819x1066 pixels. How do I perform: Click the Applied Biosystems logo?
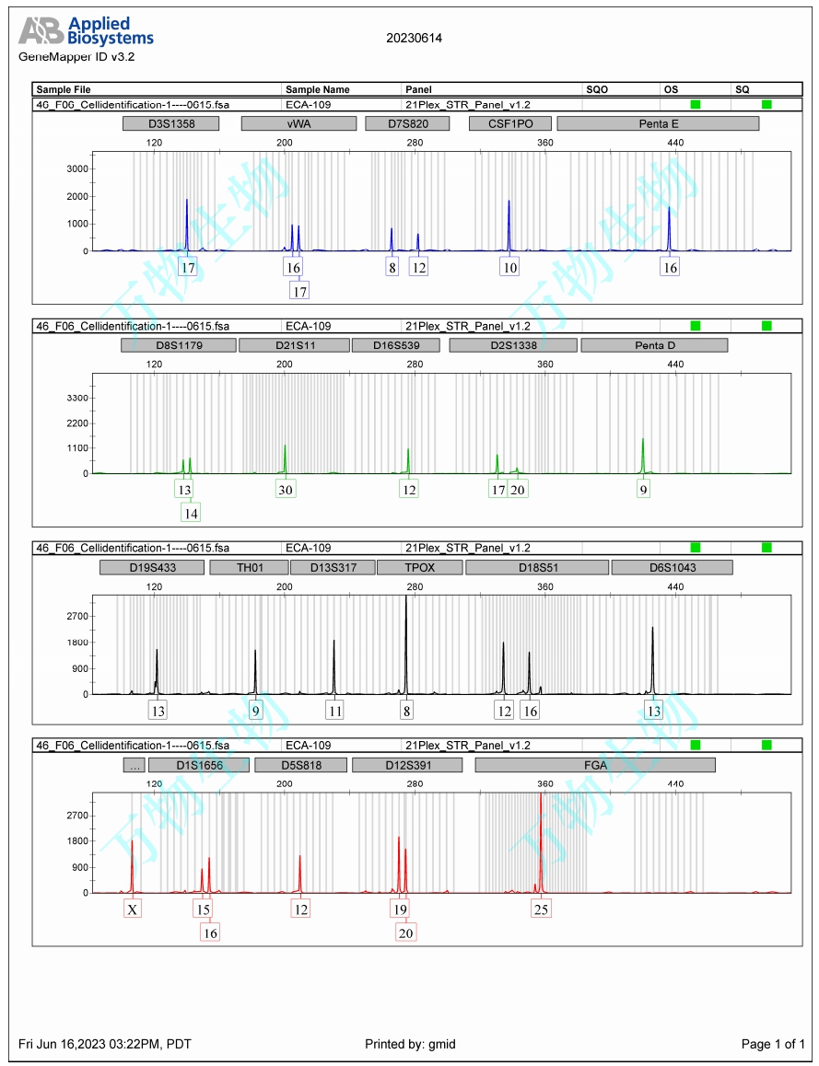(87, 31)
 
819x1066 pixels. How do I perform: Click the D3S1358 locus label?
(171, 123)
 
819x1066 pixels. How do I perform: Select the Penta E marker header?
(658, 123)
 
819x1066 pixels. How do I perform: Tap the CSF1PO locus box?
(509, 123)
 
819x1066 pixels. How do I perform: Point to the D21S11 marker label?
(294, 345)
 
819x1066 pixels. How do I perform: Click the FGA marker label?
(595, 765)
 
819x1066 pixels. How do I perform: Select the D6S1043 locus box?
(672, 567)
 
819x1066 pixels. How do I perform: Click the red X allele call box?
(134, 910)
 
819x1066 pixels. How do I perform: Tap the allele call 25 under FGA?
(541, 910)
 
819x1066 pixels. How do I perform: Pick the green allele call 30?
(286, 490)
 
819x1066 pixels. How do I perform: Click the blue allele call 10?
(509, 268)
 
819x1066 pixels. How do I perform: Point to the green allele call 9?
(643, 490)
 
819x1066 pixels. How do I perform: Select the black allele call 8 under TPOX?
(406, 711)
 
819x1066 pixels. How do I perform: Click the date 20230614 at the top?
(414, 39)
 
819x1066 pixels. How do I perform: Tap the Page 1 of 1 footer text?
(773, 1044)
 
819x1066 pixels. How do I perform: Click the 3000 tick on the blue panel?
(77, 168)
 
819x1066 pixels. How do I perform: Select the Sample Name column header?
(318, 89)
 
